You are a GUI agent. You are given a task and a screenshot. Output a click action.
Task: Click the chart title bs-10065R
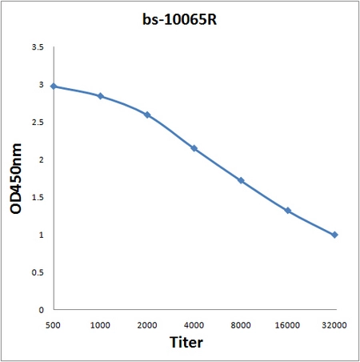(179, 19)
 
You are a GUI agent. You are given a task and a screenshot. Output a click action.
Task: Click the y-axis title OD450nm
(16, 179)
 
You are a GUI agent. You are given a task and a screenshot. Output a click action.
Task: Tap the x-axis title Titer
(186, 342)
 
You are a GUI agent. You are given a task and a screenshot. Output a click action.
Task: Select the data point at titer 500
(54, 86)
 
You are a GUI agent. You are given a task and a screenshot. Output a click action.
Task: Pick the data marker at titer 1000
(101, 96)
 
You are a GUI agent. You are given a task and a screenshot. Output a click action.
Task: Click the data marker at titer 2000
(147, 115)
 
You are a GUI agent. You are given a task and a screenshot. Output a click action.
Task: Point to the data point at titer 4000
(194, 148)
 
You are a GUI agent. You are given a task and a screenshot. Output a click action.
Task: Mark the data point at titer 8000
(241, 180)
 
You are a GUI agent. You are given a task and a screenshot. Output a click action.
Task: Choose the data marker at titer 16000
(288, 211)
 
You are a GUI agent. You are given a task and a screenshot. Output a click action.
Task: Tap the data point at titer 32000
(334, 235)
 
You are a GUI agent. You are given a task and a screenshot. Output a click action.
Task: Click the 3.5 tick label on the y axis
(38, 47)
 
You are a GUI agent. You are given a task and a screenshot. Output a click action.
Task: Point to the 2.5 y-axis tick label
(38, 123)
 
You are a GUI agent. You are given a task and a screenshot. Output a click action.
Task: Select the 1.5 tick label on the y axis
(38, 198)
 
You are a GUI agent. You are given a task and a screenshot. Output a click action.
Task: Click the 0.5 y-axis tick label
(38, 272)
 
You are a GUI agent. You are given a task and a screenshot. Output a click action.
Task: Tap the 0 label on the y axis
(41, 310)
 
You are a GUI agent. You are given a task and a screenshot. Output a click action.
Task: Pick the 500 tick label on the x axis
(53, 325)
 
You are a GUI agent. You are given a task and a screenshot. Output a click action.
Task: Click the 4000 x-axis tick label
(194, 325)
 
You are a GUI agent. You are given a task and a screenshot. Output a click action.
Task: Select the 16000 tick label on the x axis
(287, 325)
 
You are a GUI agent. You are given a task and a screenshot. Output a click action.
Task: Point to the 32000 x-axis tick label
(334, 325)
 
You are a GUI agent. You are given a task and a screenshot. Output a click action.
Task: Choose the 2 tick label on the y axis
(41, 160)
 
